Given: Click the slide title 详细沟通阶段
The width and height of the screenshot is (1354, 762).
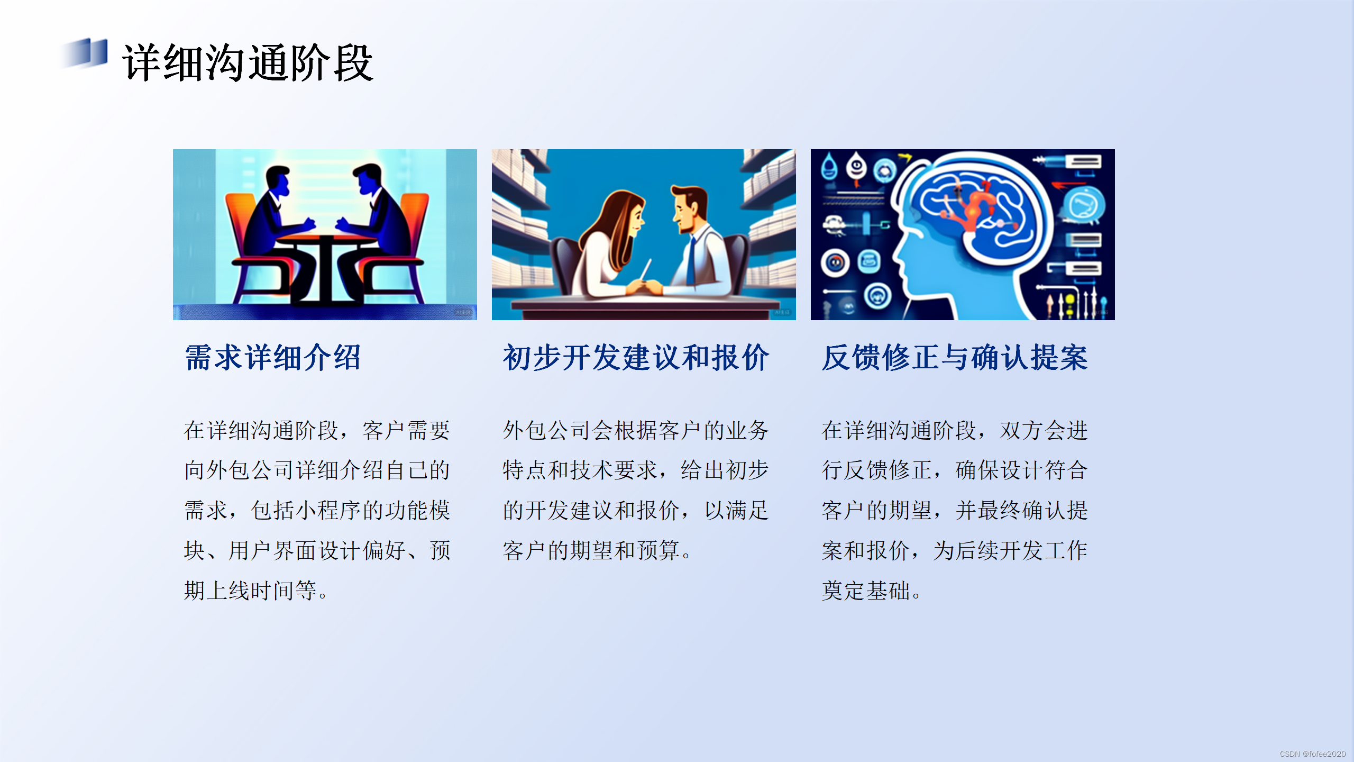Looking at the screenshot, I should [248, 63].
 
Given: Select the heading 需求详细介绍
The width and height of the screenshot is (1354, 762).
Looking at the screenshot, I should [273, 358].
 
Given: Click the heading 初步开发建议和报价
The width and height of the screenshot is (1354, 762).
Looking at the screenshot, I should [636, 358].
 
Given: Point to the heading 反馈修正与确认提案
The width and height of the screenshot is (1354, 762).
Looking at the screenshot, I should [955, 358].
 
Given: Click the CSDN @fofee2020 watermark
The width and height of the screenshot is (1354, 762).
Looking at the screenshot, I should [1312, 754].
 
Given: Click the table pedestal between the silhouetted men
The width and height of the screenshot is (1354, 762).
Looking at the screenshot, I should [325, 270].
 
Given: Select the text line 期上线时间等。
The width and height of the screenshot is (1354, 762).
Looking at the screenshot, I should [257, 591].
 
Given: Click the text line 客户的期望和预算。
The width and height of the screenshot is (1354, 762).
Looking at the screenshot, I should [598, 551].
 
